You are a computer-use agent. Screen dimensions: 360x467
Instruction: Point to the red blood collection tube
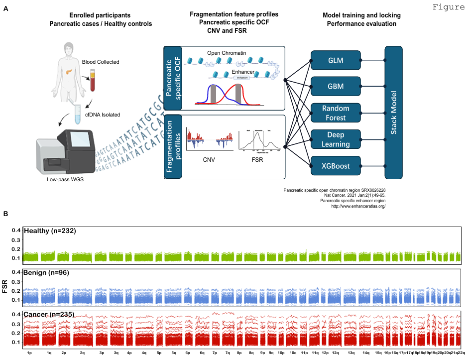[92, 82]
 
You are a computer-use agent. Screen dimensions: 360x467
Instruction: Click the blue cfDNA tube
[78, 114]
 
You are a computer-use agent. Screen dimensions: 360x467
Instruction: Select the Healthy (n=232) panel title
[50, 231]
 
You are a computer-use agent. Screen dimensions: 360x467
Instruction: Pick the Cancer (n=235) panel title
[49, 315]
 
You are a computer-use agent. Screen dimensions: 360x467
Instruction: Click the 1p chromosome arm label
[29, 353]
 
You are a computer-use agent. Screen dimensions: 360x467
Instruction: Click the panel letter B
[6, 214]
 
